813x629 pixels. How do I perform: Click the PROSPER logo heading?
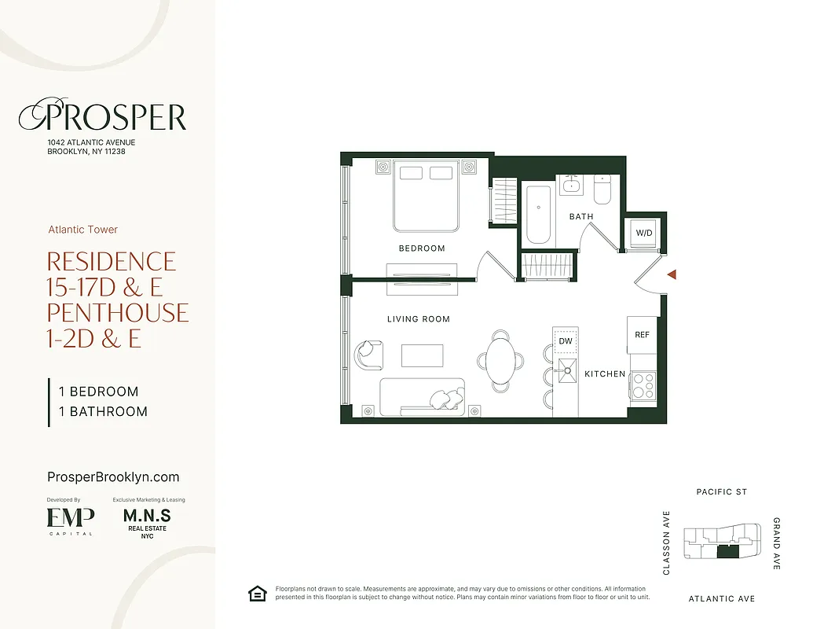103,118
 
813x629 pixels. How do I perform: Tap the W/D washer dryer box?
644,234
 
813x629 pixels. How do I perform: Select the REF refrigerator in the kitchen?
642,334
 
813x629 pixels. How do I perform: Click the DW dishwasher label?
565,342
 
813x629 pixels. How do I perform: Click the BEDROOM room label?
422,248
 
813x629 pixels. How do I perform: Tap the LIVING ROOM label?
418,319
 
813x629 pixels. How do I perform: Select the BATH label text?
581,216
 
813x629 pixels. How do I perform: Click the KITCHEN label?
605,374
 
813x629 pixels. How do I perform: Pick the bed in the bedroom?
426,197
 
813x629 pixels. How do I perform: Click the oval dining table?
501,360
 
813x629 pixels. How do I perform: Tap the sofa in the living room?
423,397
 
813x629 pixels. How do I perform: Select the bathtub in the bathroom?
539,214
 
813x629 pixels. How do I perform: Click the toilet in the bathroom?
603,189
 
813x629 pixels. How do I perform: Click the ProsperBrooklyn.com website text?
114,477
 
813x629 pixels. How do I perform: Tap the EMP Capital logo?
71,520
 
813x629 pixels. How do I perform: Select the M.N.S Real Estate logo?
147,521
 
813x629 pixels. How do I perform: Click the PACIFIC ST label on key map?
721,492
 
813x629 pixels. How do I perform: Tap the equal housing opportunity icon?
257,594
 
